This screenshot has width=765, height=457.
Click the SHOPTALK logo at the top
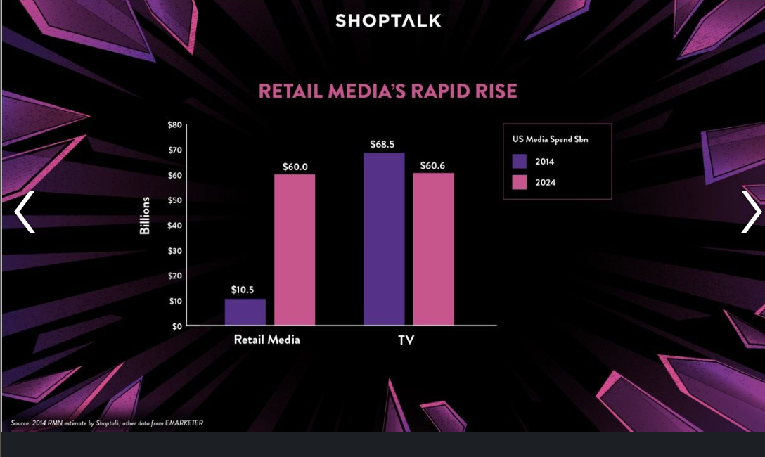388,20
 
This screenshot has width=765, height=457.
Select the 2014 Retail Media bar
245,312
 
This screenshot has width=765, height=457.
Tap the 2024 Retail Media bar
295,250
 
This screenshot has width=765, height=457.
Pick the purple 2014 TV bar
384,239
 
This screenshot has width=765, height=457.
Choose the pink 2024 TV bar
433,249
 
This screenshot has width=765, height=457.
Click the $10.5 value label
243,290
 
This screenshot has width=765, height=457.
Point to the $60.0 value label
295,167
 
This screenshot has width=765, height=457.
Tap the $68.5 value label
382,145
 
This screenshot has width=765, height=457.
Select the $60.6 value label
433,166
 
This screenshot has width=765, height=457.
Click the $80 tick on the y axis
175,125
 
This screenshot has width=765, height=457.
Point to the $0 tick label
177,326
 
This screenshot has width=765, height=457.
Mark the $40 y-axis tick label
175,226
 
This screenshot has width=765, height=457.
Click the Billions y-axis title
145,216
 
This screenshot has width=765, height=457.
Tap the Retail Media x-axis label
267,340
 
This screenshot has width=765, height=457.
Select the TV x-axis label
406,340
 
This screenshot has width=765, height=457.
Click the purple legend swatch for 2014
520,161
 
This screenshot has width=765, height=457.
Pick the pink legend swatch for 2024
520,183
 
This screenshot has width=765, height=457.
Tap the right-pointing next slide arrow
751,212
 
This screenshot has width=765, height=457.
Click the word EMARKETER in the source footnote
184,423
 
